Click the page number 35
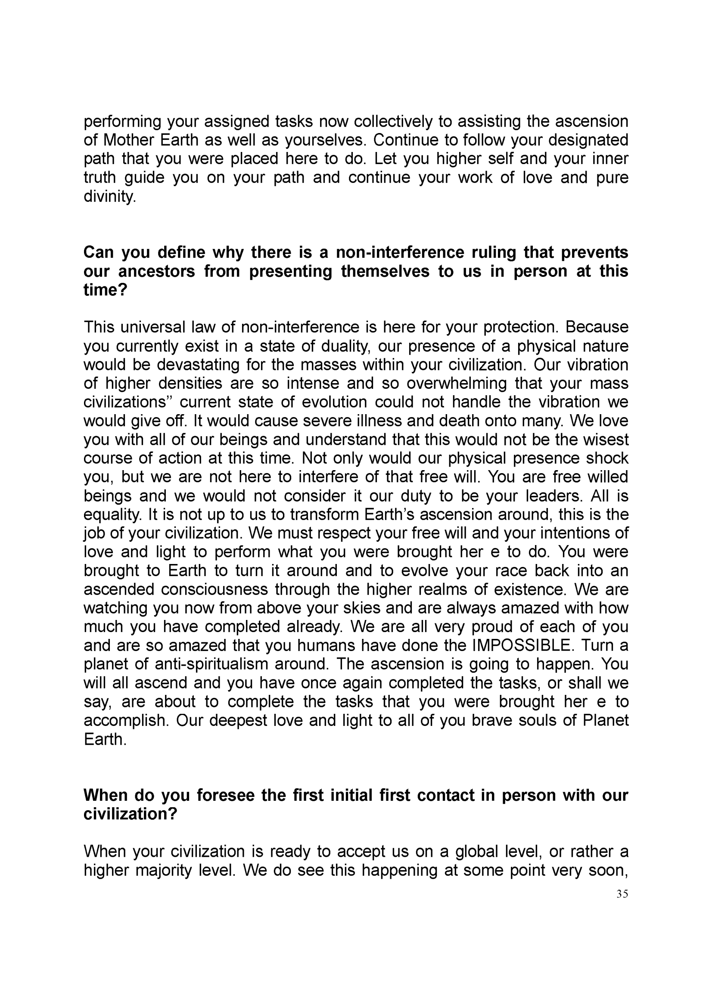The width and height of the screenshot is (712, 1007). [x=622, y=894]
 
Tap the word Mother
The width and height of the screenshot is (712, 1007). [x=127, y=140]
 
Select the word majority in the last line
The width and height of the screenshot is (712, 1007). [x=164, y=871]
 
